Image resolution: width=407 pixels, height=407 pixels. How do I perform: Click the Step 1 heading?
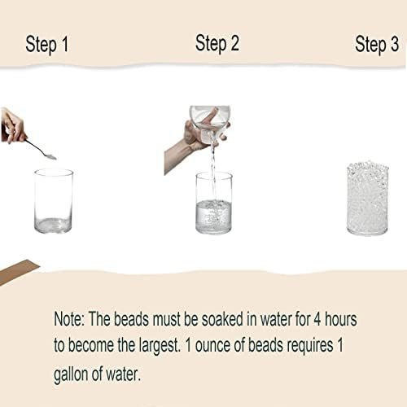point(47,45)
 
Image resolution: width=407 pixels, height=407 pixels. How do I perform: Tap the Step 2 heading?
point(217,43)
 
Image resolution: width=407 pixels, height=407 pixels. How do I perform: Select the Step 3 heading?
point(377,45)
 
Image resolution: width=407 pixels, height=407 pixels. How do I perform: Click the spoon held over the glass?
point(42,150)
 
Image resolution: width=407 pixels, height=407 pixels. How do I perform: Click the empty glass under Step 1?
point(54,201)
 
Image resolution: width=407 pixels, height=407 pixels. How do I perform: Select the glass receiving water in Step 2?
point(214,203)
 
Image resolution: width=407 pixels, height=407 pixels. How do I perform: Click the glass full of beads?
point(368,199)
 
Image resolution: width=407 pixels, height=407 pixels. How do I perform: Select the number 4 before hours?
point(317,319)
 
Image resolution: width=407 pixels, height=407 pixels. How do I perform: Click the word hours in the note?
point(341,319)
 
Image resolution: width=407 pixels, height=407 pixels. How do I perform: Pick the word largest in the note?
point(160,346)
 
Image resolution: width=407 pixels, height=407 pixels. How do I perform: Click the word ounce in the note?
point(212,346)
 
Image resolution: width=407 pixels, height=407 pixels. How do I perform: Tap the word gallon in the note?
point(71,374)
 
